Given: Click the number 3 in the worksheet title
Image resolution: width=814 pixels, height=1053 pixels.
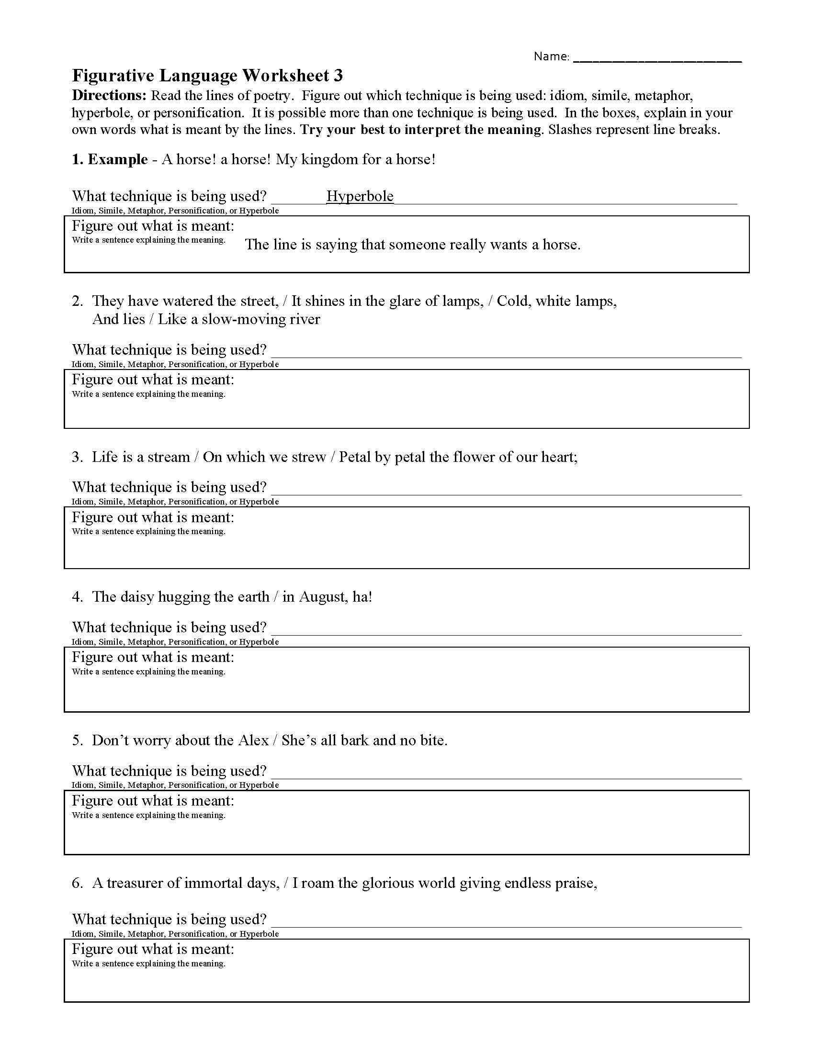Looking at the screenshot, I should [x=338, y=76].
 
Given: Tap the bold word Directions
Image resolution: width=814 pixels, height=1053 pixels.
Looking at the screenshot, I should [x=109, y=95].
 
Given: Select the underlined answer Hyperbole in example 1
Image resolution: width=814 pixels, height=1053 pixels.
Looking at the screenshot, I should [x=360, y=196].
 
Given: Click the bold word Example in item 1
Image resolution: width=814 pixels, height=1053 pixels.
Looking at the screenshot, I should [x=118, y=159].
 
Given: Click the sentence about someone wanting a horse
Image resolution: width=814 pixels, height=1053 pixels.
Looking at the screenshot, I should [x=412, y=245].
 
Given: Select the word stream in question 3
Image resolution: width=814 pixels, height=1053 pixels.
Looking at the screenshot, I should [x=168, y=457].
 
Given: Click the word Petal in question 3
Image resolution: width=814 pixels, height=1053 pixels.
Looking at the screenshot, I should [x=355, y=457].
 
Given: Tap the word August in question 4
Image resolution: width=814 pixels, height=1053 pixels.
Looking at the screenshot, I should [x=322, y=596].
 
